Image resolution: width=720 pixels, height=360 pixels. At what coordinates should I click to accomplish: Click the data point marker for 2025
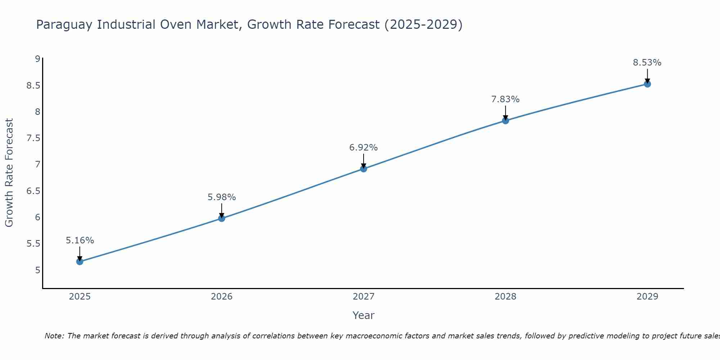point(80,261)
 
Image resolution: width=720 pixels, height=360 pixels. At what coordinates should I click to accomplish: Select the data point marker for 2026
point(222,218)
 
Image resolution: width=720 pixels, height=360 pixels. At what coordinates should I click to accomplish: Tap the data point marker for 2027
point(364,168)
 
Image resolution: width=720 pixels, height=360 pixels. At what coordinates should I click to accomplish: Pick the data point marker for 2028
point(505,121)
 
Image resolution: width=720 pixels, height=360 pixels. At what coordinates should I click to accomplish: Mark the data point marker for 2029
point(647,84)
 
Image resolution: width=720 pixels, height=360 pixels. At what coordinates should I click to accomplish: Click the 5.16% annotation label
point(80,240)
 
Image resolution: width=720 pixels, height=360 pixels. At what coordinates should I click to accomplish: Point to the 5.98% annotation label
point(222,197)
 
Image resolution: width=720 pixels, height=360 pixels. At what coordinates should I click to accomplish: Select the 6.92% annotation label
point(364,147)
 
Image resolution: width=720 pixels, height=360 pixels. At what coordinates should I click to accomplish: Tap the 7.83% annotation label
point(505,99)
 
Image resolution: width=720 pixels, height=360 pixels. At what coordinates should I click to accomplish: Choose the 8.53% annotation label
point(647,62)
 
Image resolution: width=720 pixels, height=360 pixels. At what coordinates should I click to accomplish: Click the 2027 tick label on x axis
point(364,297)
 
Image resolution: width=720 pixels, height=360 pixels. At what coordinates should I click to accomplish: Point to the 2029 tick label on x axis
point(647,297)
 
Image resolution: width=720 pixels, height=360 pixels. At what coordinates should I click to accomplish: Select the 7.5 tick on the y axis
point(33,138)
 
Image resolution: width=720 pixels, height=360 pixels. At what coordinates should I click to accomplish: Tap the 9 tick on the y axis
point(37,59)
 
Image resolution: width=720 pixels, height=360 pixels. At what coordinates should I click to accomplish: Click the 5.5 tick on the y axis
point(33,244)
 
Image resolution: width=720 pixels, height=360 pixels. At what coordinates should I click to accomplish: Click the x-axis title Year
point(364,315)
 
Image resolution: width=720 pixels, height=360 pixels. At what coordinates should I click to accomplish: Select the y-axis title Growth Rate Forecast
point(9,173)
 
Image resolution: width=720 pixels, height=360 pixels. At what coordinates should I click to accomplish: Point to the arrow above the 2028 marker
point(505,112)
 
